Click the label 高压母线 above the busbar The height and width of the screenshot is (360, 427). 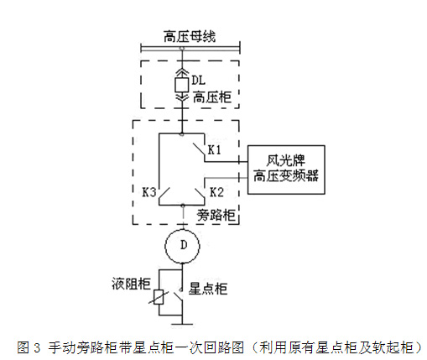(190, 36)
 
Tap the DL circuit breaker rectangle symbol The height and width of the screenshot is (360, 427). (182, 85)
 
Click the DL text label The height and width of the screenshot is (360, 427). (199, 81)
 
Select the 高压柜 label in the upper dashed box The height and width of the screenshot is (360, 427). (212, 97)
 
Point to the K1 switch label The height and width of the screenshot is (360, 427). (214, 150)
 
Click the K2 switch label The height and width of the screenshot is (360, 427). (216, 192)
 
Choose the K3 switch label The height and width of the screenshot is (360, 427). (149, 192)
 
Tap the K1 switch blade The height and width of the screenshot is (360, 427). (199, 149)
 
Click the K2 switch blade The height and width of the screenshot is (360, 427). (200, 194)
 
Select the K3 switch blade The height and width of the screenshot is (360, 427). (164, 194)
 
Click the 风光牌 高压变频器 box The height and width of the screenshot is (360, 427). (286, 170)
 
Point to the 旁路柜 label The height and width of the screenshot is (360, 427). (216, 215)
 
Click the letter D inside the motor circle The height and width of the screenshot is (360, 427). (184, 245)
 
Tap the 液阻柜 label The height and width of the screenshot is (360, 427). (131, 284)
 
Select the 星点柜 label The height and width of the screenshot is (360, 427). (208, 289)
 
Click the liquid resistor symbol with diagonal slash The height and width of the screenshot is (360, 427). (159, 297)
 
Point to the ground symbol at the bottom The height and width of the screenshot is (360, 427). (182, 324)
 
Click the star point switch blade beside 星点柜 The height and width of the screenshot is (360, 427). (178, 297)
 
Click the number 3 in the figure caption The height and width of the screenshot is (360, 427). (37, 347)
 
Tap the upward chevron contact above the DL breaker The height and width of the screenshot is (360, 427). (182, 72)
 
